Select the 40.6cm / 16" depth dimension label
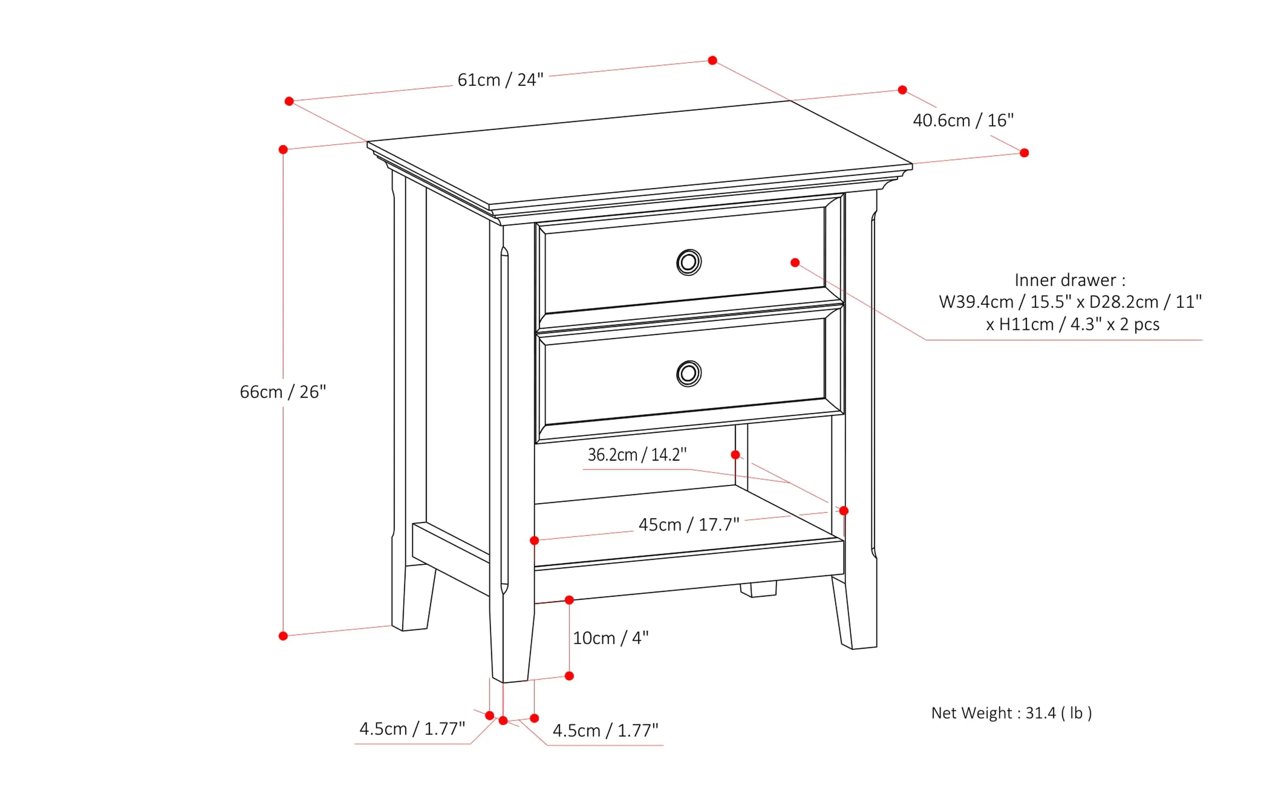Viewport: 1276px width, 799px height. tap(963, 121)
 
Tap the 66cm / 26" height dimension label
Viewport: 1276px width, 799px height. tap(283, 392)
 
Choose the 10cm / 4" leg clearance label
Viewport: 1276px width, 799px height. tap(610, 638)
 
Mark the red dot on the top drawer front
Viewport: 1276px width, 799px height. tap(795, 263)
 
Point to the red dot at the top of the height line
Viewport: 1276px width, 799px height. tap(283, 150)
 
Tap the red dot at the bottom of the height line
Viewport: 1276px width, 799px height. tap(283, 636)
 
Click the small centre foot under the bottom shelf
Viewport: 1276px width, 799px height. tap(759, 589)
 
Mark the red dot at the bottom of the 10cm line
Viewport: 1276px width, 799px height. tap(569, 676)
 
